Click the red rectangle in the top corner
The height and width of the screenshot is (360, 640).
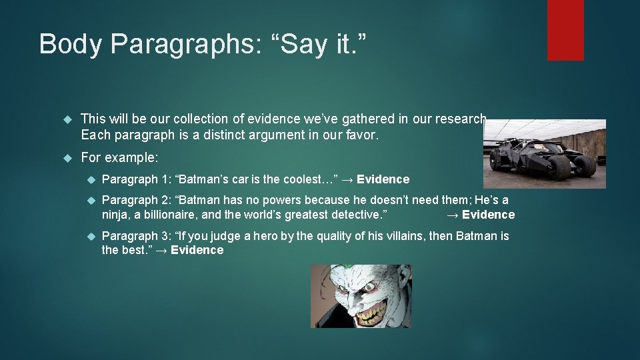(565, 30)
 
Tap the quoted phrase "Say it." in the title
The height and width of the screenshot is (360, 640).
(312, 44)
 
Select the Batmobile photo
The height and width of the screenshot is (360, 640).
(544, 153)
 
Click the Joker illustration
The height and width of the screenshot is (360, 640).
(361, 296)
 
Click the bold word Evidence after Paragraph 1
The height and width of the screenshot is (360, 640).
(383, 179)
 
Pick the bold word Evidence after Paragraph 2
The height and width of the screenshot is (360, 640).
(489, 215)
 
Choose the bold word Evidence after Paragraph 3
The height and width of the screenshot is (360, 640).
(197, 251)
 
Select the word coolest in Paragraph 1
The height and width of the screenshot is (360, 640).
(304, 179)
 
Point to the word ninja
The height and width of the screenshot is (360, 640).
(115, 215)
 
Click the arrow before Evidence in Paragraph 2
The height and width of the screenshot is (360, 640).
(452, 215)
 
